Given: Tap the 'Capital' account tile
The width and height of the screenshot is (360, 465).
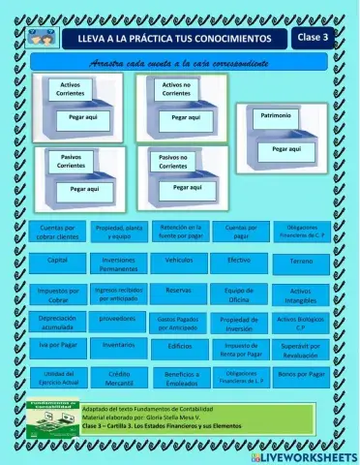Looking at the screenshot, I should tap(57, 262).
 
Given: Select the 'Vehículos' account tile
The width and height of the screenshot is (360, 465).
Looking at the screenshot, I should tap(178, 262).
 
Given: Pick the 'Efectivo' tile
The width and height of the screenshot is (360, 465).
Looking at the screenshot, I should tap(239, 262).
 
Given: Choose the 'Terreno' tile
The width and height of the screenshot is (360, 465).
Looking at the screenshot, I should tap(300, 263).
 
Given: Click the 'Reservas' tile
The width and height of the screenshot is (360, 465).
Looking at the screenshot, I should tap(178, 290).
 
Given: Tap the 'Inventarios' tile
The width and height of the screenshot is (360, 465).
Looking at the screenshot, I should tap(118, 345).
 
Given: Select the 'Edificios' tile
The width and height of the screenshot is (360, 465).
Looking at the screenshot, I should tap(178, 346).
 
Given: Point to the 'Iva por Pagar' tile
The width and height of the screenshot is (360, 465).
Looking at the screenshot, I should tap(57, 345).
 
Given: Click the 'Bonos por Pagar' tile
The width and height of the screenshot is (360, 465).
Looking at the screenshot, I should tap(300, 374).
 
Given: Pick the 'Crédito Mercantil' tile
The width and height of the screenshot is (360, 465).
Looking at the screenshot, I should tap(118, 378).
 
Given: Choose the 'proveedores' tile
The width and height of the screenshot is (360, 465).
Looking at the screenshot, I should tap(118, 318).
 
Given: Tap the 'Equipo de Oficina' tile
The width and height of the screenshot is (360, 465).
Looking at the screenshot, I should tap(239, 294).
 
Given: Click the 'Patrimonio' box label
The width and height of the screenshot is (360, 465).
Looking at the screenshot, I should tap(270, 115).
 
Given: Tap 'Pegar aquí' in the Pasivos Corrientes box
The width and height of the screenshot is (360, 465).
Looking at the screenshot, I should tap(78, 189).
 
